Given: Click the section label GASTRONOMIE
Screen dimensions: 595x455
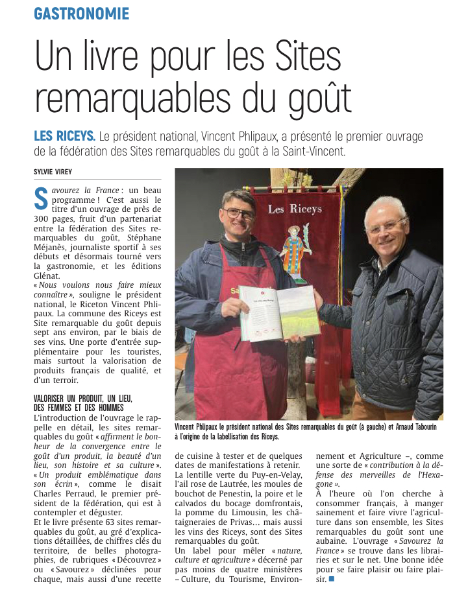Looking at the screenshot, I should click(81, 14).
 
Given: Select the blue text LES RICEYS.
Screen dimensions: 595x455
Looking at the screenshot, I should click(64, 137).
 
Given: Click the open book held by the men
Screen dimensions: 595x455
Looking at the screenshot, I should click(280, 313).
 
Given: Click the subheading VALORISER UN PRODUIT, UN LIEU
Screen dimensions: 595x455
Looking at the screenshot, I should click(82, 398).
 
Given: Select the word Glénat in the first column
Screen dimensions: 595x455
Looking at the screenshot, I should click(48, 275).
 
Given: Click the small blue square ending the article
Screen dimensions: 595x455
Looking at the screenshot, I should click(332, 578).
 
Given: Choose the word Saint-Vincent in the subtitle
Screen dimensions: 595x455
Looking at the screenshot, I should click(317, 152).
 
